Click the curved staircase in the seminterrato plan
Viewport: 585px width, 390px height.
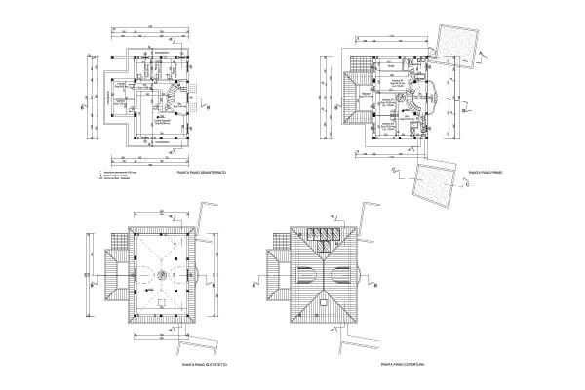[172, 94]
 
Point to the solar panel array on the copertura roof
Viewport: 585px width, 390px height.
[323, 235]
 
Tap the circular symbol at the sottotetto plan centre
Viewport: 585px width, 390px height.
[152, 277]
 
